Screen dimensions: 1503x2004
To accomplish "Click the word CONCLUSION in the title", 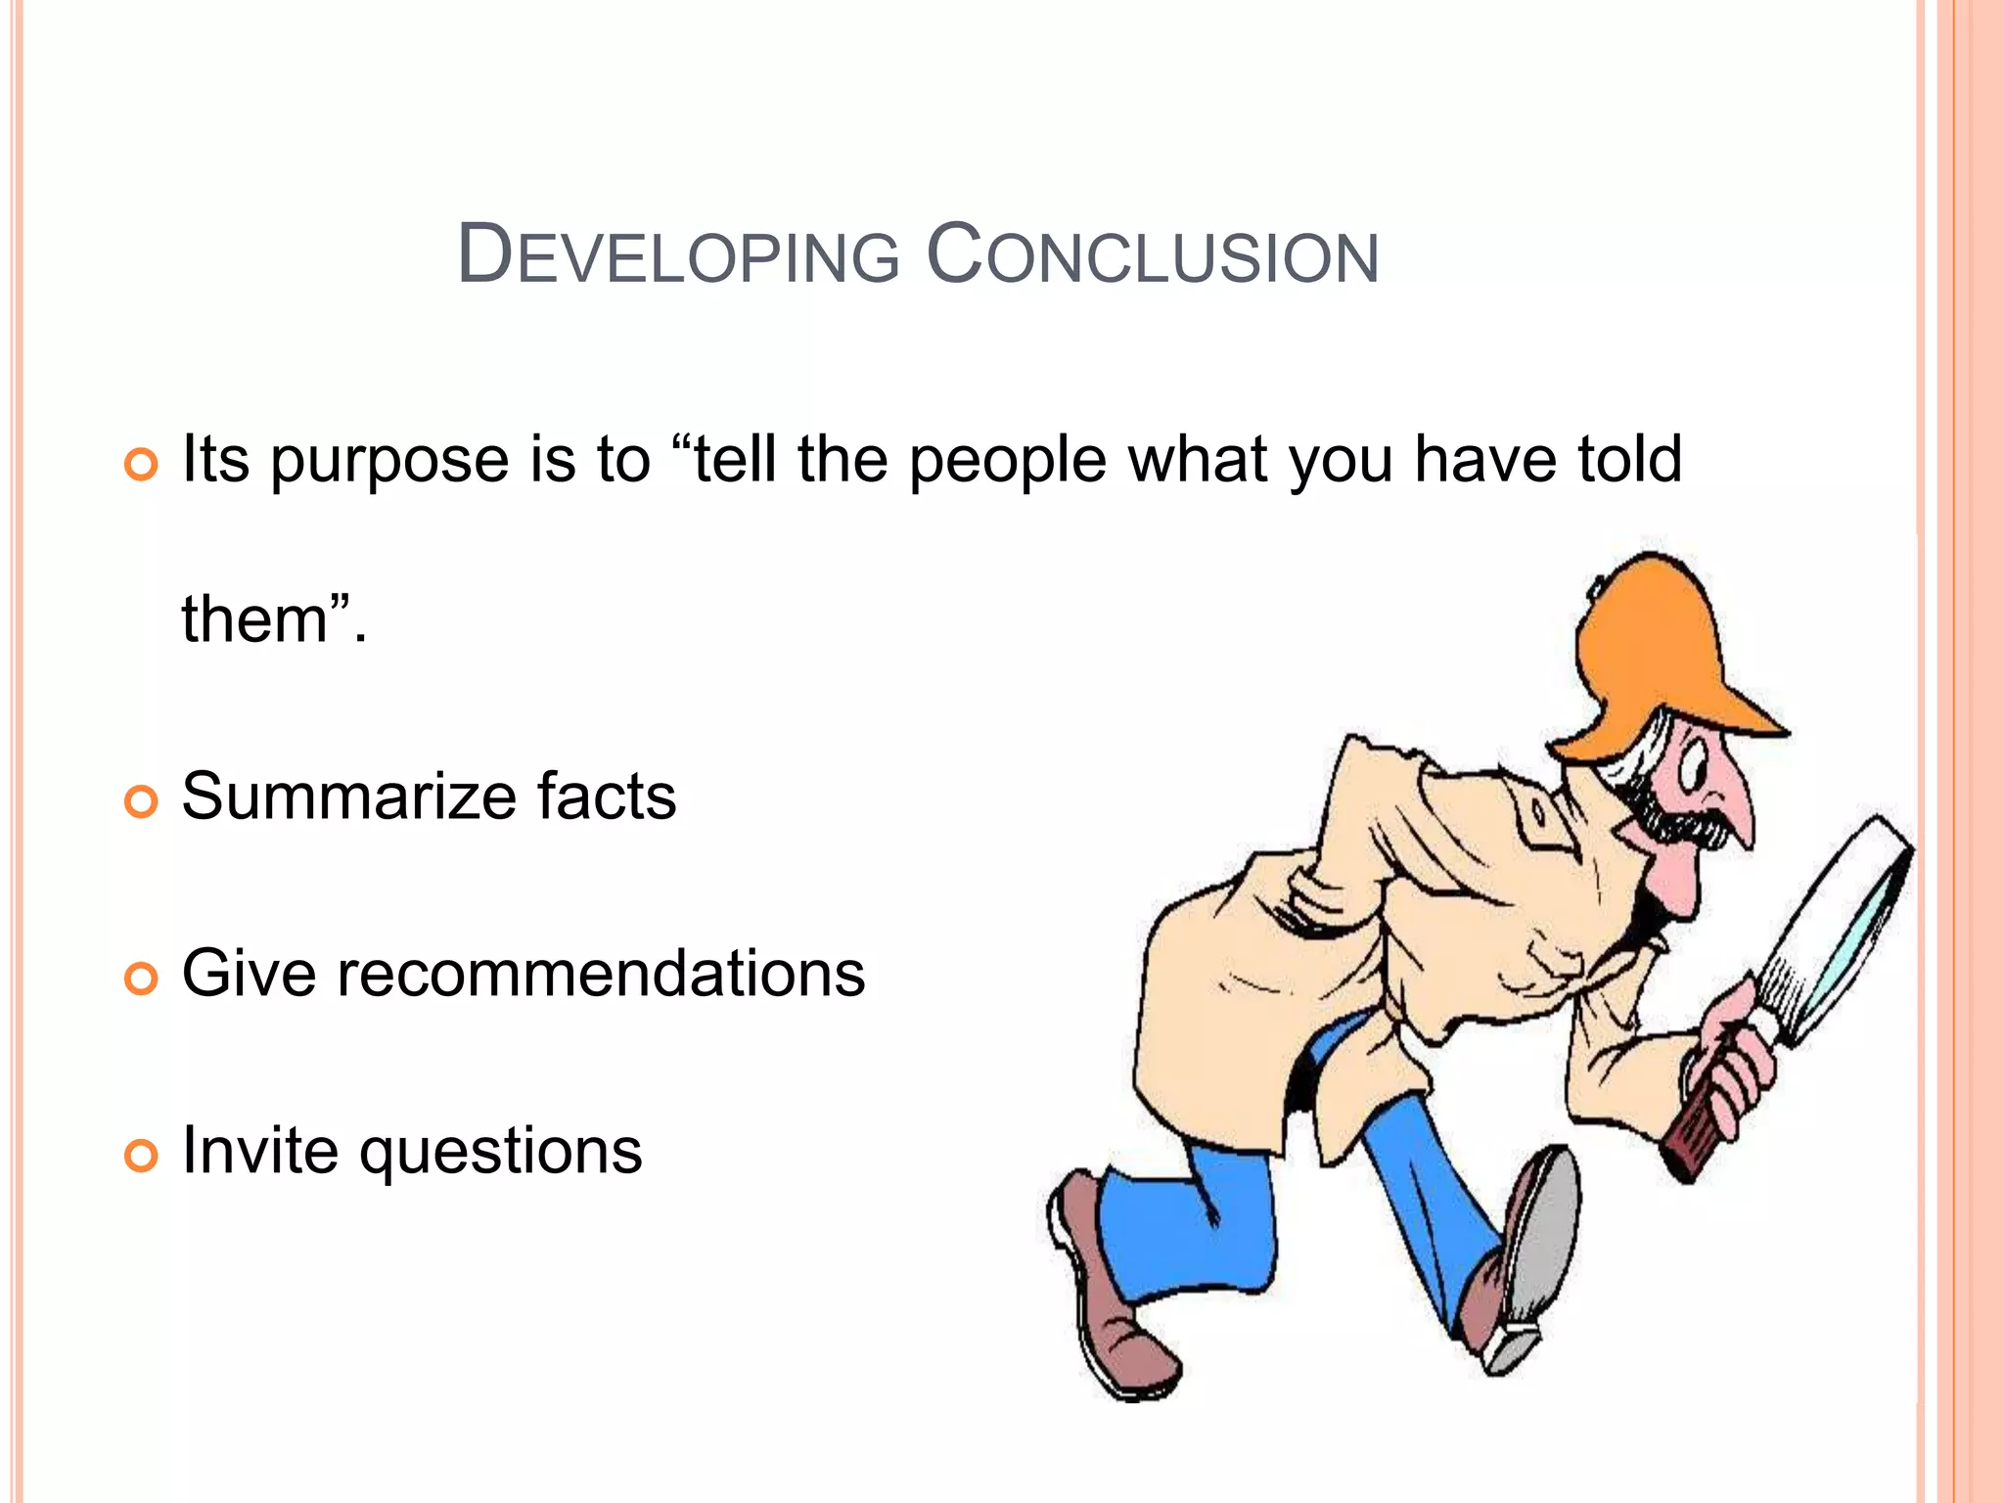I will (x=1152, y=256).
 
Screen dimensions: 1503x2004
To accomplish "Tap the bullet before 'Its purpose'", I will (x=142, y=466).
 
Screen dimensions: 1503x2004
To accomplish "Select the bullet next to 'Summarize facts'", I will (x=142, y=802).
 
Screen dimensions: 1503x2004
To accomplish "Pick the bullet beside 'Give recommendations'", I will (x=142, y=979).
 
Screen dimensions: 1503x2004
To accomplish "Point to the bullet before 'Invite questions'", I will (x=142, y=1156).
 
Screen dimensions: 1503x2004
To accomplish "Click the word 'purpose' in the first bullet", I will (x=389, y=462).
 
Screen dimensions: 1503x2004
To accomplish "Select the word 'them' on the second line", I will (x=254, y=620).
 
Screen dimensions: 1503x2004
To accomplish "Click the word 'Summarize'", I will (x=347, y=797).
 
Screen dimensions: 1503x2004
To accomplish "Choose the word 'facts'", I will (x=607, y=797).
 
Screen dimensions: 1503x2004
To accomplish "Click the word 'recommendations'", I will (x=601, y=974).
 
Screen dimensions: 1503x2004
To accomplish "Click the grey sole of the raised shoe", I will (x=1546, y=1243).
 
